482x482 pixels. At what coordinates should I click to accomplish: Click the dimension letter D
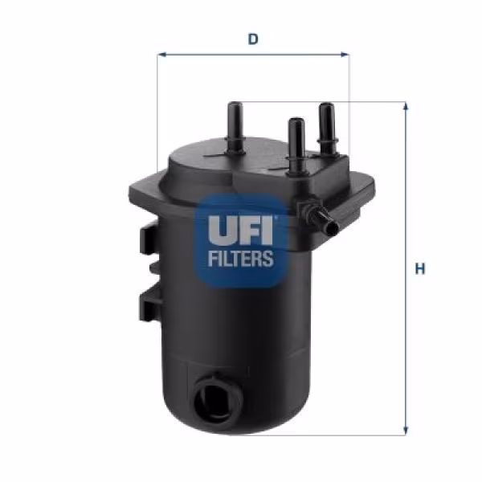(x=253, y=38)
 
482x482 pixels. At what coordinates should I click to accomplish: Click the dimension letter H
(x=419, y=269)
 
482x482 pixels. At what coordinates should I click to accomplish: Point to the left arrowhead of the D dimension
(x=160, y=55)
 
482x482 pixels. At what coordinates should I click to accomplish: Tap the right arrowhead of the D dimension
(x=346, y=55)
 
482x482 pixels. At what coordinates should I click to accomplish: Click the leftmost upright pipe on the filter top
(x=236, y=125)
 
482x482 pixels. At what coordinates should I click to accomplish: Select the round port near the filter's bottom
(x=216, y=397)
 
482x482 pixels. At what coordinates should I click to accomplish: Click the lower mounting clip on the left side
(x=149, y=302)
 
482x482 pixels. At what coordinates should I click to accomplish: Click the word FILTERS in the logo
(x=241, y=259)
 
